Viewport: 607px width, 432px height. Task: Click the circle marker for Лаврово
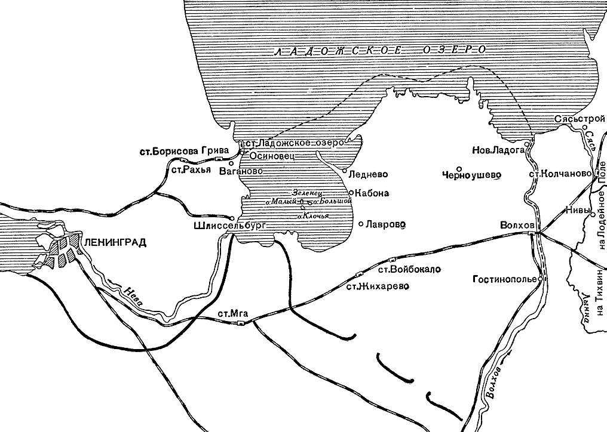click(361, 224)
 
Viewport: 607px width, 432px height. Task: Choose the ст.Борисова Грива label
click(182, 152)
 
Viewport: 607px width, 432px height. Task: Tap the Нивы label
click(577, 210)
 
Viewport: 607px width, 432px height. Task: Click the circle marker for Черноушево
click(459, 168)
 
